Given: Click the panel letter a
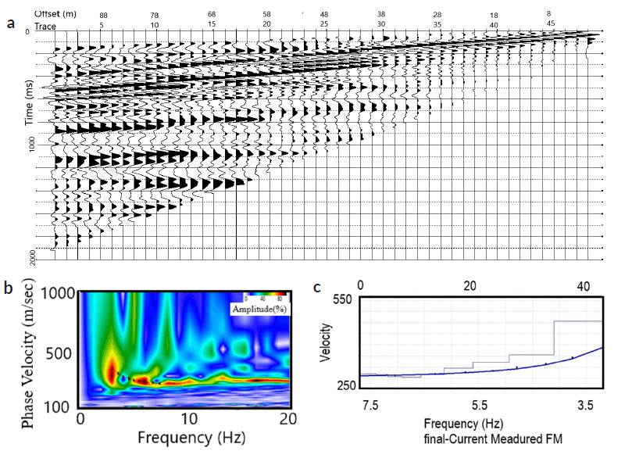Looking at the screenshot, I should [10, 23].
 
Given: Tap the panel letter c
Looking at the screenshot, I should [316, 287].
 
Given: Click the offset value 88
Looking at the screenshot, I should [102, 15].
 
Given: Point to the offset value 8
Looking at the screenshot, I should [549, 13].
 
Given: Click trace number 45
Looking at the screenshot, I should [550, 24].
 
